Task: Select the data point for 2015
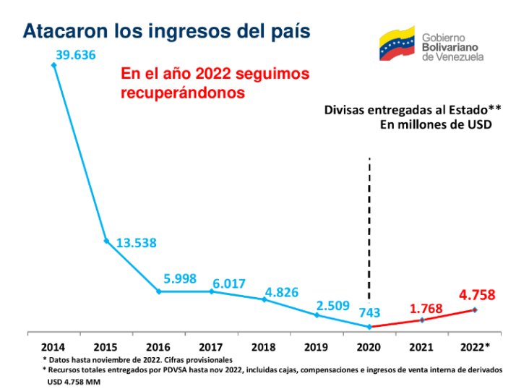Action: pyautogui.click(x=106, y=241)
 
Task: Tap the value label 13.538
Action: pyautogui.click(x=137, y=242)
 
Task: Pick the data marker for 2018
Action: pyautogui.click(x=265, y=299)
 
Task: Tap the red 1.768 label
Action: pyautogui.click(x=426, y=309)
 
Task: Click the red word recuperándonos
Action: pyautogui.click(x=182, y=93)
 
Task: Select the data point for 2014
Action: pyautogui.click(x=53, y=64)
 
